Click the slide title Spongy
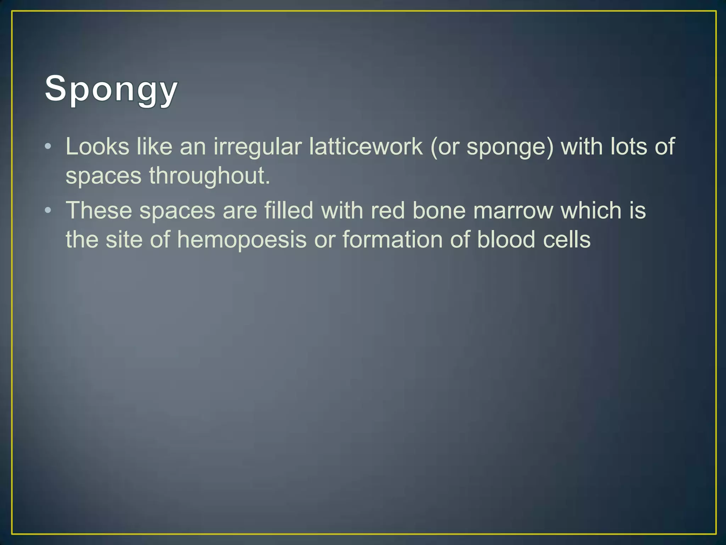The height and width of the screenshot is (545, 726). [111, 89]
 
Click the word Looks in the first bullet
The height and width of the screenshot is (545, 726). [97, 147]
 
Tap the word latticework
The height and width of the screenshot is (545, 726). [365, 147]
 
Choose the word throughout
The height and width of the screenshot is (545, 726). [209, 176]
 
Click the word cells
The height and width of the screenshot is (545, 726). [567, 240]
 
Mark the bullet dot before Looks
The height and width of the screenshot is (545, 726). [48, 147]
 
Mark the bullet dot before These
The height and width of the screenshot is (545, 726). [48, 210]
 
